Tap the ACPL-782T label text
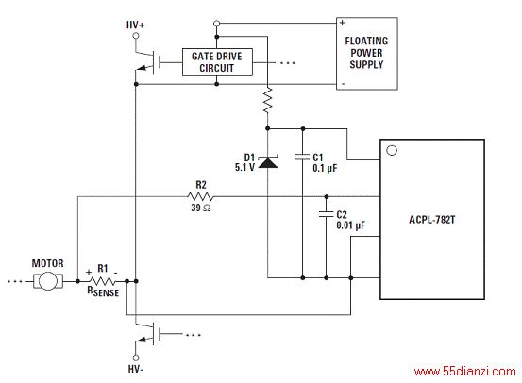(431, 220)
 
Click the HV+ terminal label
(135, 25)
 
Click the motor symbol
(48, 281)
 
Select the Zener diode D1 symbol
(268, 161)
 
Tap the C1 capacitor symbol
(303, 157)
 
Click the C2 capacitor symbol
(327, 214)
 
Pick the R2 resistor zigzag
(200, 196)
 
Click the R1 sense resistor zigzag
(103, 281)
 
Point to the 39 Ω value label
(201, 208)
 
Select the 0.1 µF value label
(325, 168)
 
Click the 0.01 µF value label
(350, 225)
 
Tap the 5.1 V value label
(244, 167)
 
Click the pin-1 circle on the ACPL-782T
(392, 150)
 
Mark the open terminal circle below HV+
(136, 35)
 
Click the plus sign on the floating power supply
(343, 23)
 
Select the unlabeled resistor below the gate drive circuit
(268, 101)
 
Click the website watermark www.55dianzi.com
(465, 371)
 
